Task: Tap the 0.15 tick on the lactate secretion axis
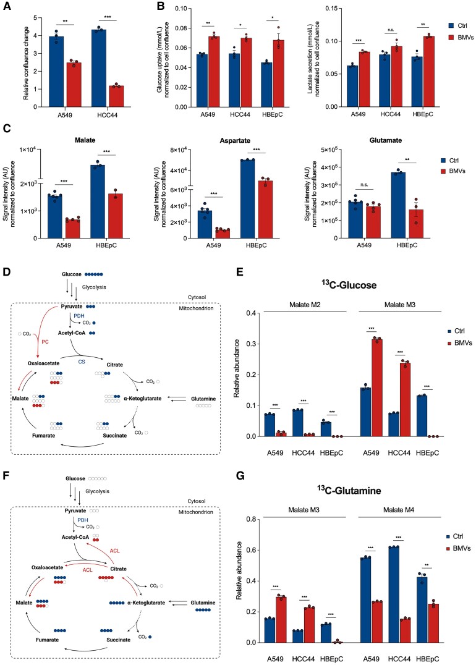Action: pos(321,9)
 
